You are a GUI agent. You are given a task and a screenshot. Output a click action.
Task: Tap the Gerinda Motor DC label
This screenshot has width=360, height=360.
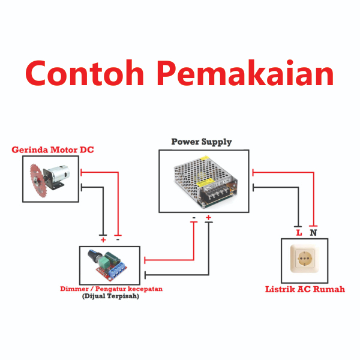[53, 149]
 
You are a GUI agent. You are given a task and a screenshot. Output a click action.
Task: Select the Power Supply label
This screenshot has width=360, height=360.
[202, 142]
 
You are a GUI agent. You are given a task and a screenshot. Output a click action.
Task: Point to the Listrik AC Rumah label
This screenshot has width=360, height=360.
[305, 289]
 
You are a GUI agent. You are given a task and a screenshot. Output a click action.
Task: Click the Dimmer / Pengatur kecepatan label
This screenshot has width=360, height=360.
[111, 289]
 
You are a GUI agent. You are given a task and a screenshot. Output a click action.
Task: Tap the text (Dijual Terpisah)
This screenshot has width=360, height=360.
[110, 296]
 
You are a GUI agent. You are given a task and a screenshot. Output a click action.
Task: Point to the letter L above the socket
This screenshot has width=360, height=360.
[298, 232]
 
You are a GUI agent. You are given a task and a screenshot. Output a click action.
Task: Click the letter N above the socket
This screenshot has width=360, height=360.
[313, 232]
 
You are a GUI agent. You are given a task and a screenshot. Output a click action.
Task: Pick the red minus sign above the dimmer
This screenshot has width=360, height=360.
[118, 239]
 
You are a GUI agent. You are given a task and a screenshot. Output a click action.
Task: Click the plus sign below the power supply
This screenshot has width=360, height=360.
[208, 217]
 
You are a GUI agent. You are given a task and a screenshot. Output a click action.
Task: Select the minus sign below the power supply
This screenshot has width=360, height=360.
[193, 217]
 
